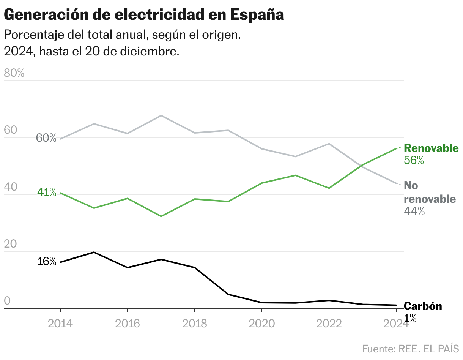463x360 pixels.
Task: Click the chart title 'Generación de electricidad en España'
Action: point(144,15)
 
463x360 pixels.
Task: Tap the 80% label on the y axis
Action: point(14,73)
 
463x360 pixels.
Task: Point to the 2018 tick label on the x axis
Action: point(195,324)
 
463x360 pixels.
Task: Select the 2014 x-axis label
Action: point(60,324)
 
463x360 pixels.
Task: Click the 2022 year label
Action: point(329,324)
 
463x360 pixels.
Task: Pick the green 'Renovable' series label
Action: point(431,148)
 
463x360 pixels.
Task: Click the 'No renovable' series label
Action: point(429,192)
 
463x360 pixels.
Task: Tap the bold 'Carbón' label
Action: point(423,306)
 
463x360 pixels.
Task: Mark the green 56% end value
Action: point(414,161)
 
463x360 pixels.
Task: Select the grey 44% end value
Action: point(414,211)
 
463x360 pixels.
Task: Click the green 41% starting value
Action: point(47,193)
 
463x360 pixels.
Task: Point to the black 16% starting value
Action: point(47,262)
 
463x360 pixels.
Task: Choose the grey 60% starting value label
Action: point(46,138)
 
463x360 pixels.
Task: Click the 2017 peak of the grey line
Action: point(161,115)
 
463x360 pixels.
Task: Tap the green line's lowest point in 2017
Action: point(161,216)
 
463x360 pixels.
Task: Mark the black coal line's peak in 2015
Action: point(94,252)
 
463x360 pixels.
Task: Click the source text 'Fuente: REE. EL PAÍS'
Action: point(411,348)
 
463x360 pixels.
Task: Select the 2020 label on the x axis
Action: point(262,324)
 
